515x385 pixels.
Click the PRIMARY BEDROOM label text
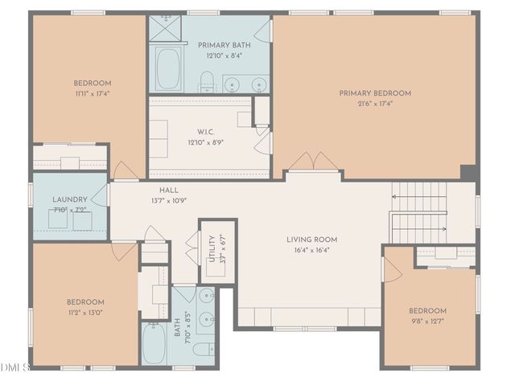(x=374, y=93)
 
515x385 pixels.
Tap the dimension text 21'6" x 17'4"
(x=374, y=104)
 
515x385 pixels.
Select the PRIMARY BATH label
(x=224, y=45)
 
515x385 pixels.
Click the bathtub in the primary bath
(x=168, y=70)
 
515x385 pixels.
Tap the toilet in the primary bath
(x=207, y=80)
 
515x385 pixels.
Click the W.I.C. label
(x=205, y=133)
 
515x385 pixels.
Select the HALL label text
(x=169, y=190)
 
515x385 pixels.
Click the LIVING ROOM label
(x=311, y=240)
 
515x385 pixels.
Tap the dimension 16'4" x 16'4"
(x=311, y=250)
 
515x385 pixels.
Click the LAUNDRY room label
(x=69, y=200)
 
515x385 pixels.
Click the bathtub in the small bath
(x=154, y=344)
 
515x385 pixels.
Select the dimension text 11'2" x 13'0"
(x=84, y=313)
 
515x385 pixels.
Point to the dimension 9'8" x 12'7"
(x=427, y=322)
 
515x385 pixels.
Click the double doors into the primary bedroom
(x=314, y=162)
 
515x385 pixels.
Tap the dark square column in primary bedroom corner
(x=468, y=172)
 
